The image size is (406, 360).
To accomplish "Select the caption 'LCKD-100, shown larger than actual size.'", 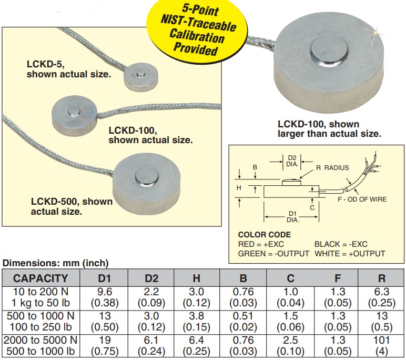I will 329,129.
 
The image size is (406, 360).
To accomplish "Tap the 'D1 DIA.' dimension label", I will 292,216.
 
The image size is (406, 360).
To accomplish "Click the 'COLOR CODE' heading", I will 265,235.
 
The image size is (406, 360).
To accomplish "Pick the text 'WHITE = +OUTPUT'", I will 350,253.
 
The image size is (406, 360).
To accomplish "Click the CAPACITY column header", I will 40,278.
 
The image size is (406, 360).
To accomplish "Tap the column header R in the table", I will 382,278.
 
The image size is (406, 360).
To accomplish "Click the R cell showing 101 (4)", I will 382,346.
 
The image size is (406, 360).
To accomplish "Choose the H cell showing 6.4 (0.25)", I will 196,346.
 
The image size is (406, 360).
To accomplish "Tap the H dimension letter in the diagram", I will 239,187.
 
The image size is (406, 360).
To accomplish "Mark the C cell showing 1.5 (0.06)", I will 290,322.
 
